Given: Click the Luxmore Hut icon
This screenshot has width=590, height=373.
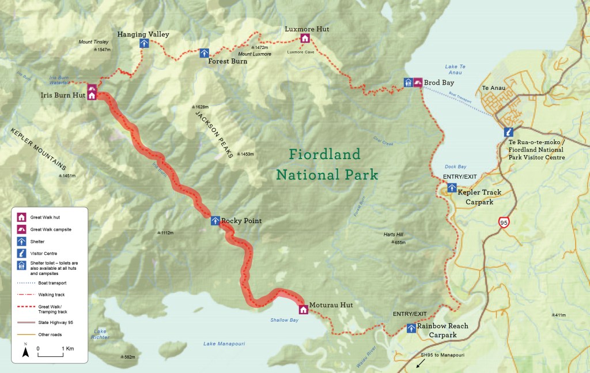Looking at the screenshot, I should pyautogui.click(x=305, y=39).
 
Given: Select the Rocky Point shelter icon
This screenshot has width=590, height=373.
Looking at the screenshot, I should pyautogui.click(x=215, y=221).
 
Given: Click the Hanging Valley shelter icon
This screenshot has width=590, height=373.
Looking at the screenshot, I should pyautogui.click(x=143, y=44).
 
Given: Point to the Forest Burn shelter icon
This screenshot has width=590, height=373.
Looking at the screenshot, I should pyautogui.click(x=204, y=53).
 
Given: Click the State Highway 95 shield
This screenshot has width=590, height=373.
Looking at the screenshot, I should pyautogui.click(x=504, y=222).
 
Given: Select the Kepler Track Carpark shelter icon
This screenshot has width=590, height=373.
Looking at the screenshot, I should pyautogui.click(x=452, y=187).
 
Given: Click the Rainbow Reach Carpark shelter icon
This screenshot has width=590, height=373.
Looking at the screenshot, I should pyautogui.click(x=411, y=328).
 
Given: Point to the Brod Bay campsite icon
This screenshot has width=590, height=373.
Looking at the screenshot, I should pyautogui.click(x=418, y=82).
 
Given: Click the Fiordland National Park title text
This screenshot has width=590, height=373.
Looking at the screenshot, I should pyautogui.click(x=327, y=164).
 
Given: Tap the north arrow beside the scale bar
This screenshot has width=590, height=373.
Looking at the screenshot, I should pyautogui.click(x=25, y=351).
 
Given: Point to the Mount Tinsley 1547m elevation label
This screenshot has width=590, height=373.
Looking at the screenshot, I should pyautogui.click(x=102, y=50).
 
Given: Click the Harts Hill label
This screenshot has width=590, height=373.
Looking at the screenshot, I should pyautogui.click(x=394, y=235).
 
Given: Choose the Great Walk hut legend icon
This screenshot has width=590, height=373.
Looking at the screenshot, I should pyautogui.click(x=21, y=217).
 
